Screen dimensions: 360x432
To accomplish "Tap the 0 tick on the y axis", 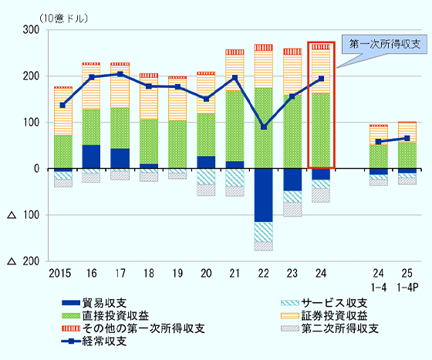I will pos(36,169).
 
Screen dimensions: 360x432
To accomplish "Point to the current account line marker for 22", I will pos(264,127).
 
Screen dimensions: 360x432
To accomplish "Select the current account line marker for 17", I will pos(120,74).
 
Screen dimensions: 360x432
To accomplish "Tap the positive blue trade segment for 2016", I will pos(91,156).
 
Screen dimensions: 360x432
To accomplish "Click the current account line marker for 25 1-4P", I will pos(407,138).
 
